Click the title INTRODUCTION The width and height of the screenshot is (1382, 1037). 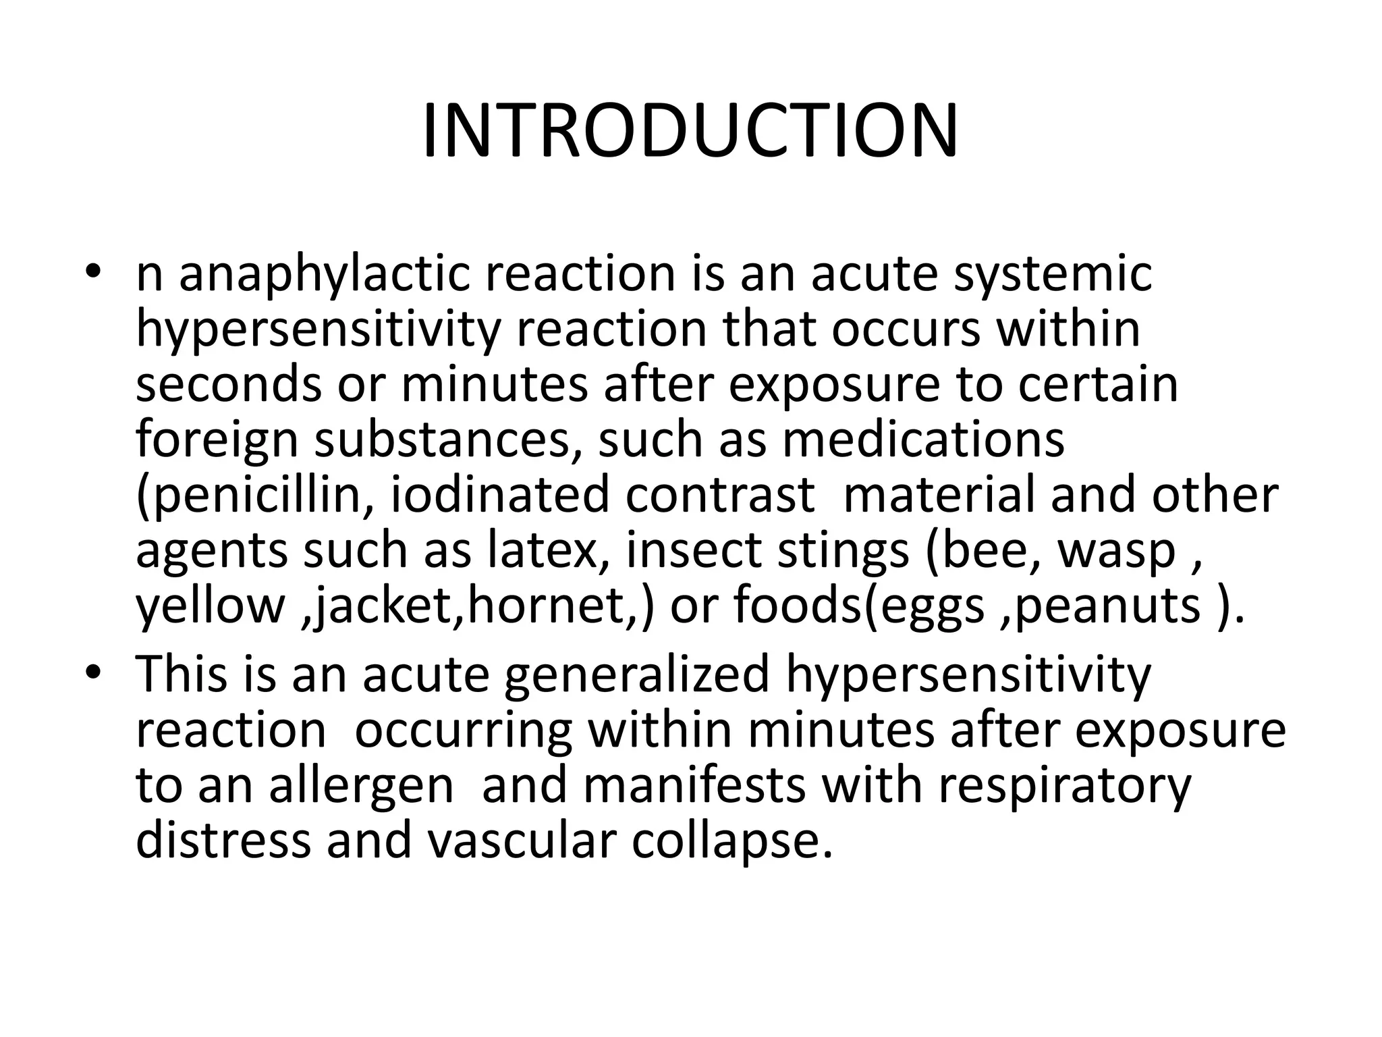click(690, 131)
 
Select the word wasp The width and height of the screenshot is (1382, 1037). click(1116, 552)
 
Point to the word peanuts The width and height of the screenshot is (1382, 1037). click(1107, 606)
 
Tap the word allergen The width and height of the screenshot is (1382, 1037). click(362, 787)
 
